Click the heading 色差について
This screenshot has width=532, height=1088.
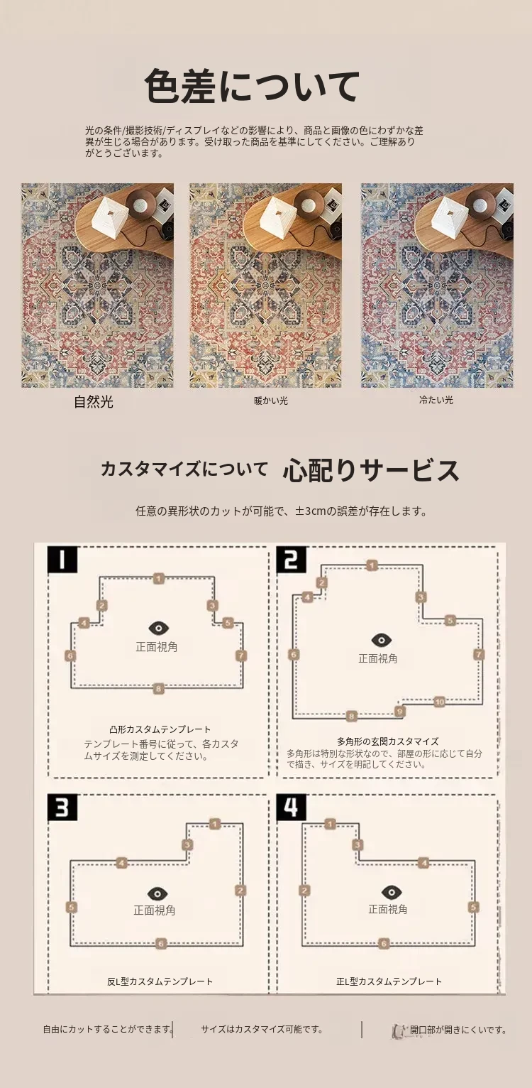coord(253,86)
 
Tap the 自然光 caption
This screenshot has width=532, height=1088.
coord(94,402)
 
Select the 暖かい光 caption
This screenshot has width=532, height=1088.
coord(270,401)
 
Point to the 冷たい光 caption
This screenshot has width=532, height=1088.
coord(436,400)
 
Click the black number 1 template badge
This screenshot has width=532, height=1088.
coord(62,560)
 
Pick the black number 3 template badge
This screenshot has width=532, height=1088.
coord(62,809)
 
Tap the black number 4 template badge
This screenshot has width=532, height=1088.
coord(291,807)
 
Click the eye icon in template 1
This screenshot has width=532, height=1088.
coord(159,628)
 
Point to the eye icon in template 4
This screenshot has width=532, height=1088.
coord(391,892)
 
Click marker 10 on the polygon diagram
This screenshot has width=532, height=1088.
coord(439,702)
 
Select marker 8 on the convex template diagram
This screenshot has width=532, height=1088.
coord(158,688)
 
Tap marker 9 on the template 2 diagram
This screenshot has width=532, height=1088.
coord(399,712)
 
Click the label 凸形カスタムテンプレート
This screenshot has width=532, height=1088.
coord(160,729)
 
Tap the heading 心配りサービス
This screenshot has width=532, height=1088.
coord(371,470)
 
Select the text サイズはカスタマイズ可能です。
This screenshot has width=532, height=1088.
coord(262,1029)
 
